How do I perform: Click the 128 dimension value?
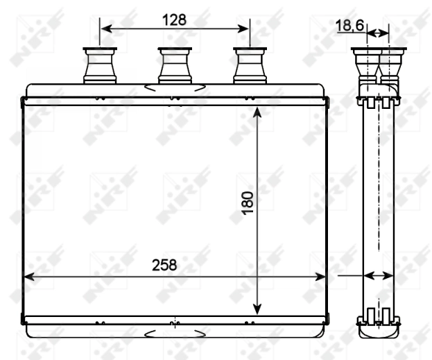click(175, 19)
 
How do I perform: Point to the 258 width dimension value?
click(164, 264)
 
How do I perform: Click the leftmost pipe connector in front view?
click(99, 65)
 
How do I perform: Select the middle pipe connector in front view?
click(175, 65)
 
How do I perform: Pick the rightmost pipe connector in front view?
click(250, 65)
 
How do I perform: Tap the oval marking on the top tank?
click(175, 88)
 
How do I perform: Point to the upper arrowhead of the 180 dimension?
click(257, 113)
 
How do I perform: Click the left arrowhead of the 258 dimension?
click(30, 277)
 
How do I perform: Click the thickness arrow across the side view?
click(379, 276)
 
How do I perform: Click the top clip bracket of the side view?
click(378, 103)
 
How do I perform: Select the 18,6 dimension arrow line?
click(378, 33)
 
